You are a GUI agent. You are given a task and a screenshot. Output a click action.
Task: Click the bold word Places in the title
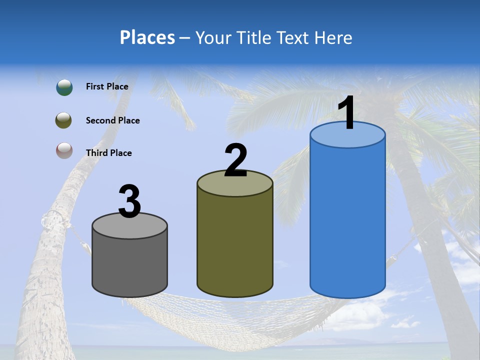pyautogui.click(x=147, y=37)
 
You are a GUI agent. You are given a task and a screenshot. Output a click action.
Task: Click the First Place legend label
pyautogui.click(x=107, y=86)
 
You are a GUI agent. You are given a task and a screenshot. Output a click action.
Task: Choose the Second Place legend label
pyautogui.click(x=112, y=120)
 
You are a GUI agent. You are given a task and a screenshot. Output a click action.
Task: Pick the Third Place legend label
pyautogui.click(x=108, y=153)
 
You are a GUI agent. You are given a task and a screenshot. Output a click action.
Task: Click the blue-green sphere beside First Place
pyautogui.click(x=64, y=87)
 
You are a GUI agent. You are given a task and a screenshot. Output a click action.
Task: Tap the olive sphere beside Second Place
pyautogui.click(x=64, y=120)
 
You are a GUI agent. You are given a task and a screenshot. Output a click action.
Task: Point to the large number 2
pyautogui.click(x=235, y=161)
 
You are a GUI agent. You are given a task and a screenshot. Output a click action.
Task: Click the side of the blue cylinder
pyautogui.click(x=347, y=220)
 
